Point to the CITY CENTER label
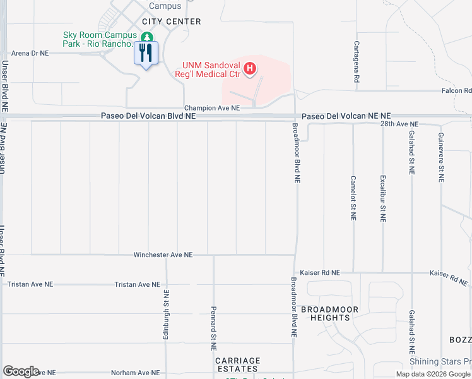pos(172,21)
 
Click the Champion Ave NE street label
pos(212,108)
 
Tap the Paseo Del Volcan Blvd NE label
pos(148,116)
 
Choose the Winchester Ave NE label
pos(163,255)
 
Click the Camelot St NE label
pos(353,198)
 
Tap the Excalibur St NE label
pos(382,198)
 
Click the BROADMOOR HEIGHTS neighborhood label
pos(329,313)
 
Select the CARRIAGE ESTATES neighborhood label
pos(237,364)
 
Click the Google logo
pos(21,371)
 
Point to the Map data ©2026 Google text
pos(433,374)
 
